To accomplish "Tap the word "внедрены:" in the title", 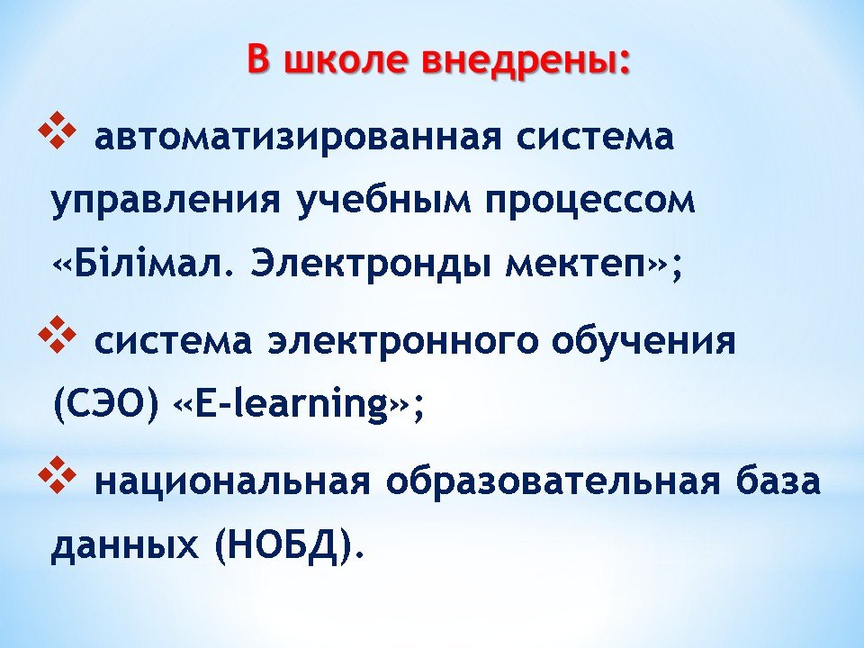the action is [x=525, y=58].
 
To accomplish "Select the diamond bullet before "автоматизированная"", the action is [x=57, y=130].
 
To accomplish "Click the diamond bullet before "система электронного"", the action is [x=57, y=334].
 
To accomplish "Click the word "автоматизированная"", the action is [x=298, y=137].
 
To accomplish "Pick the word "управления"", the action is [x=166, y=201].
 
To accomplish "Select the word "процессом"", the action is [x=590, y=201].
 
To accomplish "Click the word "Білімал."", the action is [x=146, y=265].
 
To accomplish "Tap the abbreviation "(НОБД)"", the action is [x=283, y=545].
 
